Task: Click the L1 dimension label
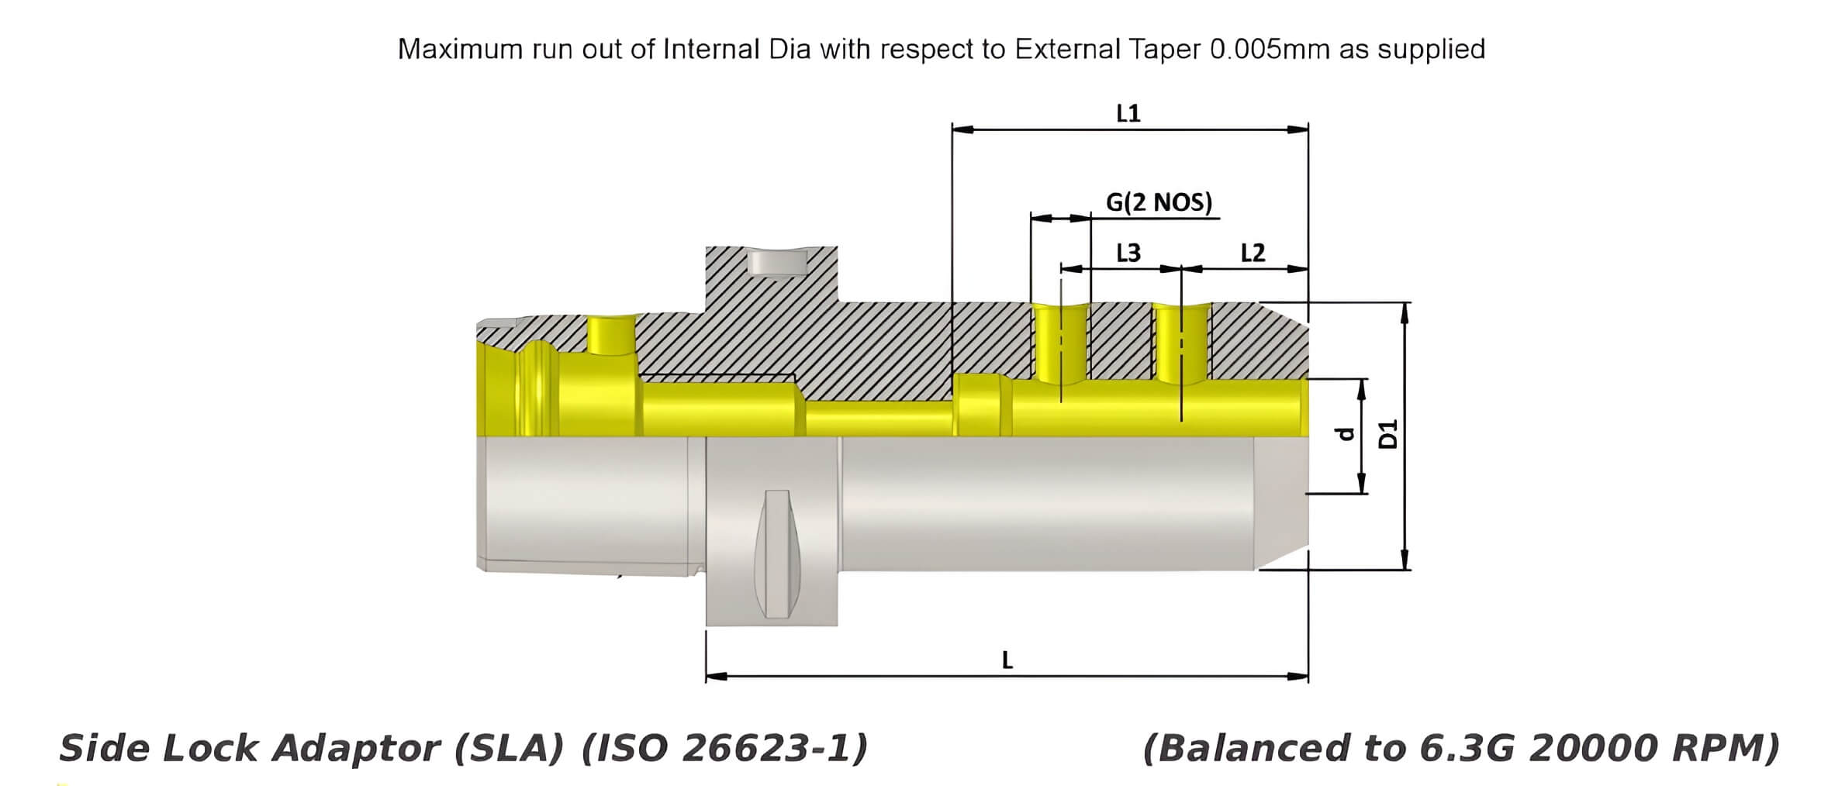(1128, 114)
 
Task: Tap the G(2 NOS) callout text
(1159, 203)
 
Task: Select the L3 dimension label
(1128, 253)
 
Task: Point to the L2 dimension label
(1253, 253)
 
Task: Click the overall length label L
(1007, 660)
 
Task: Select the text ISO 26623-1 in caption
(724, 749)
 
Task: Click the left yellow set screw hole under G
(1061, 345)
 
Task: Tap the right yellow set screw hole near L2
(1181, 345)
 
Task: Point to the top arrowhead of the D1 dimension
(1403, 311)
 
